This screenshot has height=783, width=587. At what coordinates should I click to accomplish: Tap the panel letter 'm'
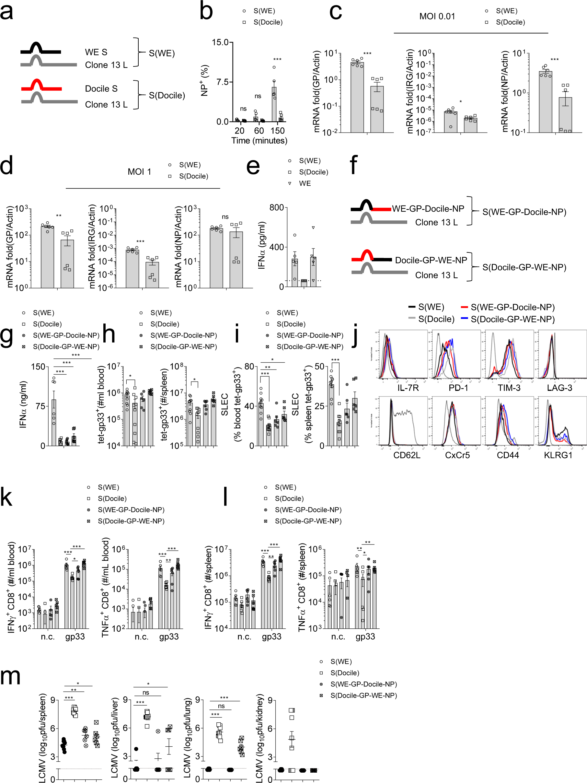[x=10, y=676]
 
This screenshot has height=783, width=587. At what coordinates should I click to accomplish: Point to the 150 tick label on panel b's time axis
[x=277, y=131]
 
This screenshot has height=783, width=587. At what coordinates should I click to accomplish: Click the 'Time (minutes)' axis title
[x=259, y=141]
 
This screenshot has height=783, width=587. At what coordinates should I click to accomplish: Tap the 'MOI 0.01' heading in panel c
[x=437, y=17]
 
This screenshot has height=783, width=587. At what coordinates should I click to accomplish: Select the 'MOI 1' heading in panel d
[x=139, y=172]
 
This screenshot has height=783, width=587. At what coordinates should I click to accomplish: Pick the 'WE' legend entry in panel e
[x=305, y=183]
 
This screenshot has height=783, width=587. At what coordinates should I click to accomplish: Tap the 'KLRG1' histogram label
[x=558, y=455]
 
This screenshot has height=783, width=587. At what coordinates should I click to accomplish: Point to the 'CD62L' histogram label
[x=407, y=455]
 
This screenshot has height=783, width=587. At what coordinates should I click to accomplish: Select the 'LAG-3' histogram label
[x=559, y=388]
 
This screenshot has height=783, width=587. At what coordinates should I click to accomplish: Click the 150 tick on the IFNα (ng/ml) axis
[x=38, y=367]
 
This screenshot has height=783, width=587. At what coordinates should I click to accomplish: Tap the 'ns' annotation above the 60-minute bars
[x=258, y=96]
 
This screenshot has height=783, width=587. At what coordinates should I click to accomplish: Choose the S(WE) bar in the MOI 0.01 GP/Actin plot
[x=357, y=97]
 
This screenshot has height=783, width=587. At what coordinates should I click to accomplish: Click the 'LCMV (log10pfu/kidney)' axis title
[x=260, y=738]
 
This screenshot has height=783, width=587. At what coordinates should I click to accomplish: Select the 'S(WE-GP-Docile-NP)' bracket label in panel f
[x=524, y=212]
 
